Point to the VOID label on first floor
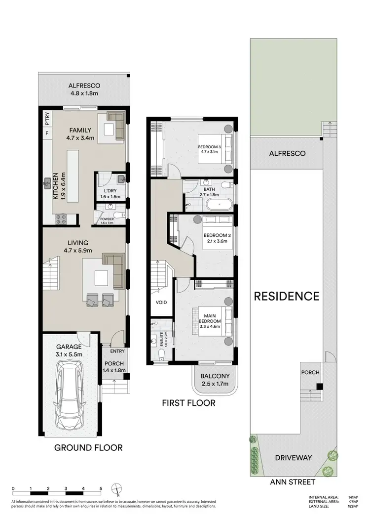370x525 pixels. coord(161,302)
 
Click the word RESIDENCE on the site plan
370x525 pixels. coord(286,296)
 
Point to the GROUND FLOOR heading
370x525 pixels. coord(88,447)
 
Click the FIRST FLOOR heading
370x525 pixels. coord(188,403)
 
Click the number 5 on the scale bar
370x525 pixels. coord(101,488)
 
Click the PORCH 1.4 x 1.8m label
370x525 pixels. coord(113,366)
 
